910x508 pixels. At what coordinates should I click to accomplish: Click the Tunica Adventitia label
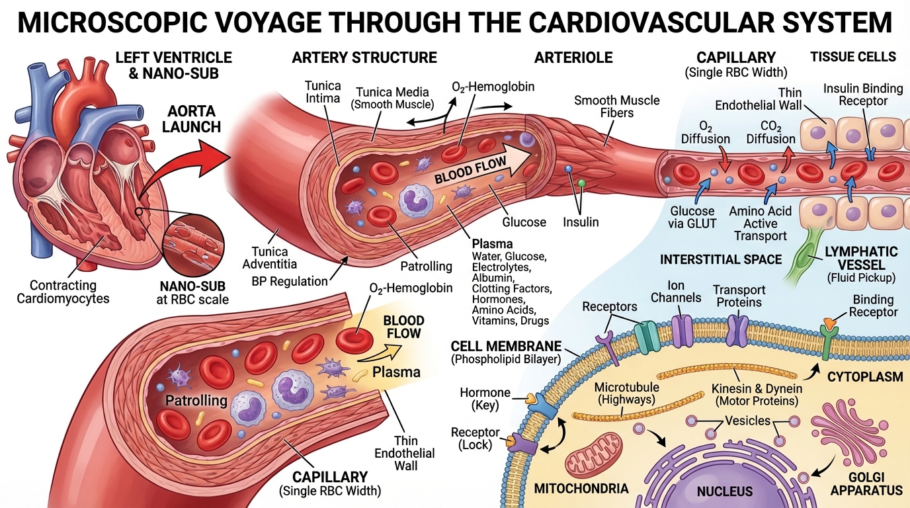point(270,259)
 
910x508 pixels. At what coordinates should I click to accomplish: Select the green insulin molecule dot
point(582,183)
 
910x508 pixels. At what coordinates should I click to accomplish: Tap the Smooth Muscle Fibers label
point(616,106)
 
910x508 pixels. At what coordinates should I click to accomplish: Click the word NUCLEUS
point(724,491)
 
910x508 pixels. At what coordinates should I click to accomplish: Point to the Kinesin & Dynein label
point(757,394)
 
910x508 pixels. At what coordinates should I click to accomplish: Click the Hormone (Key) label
point(485,399)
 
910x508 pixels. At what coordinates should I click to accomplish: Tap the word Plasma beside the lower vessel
point(396,371)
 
